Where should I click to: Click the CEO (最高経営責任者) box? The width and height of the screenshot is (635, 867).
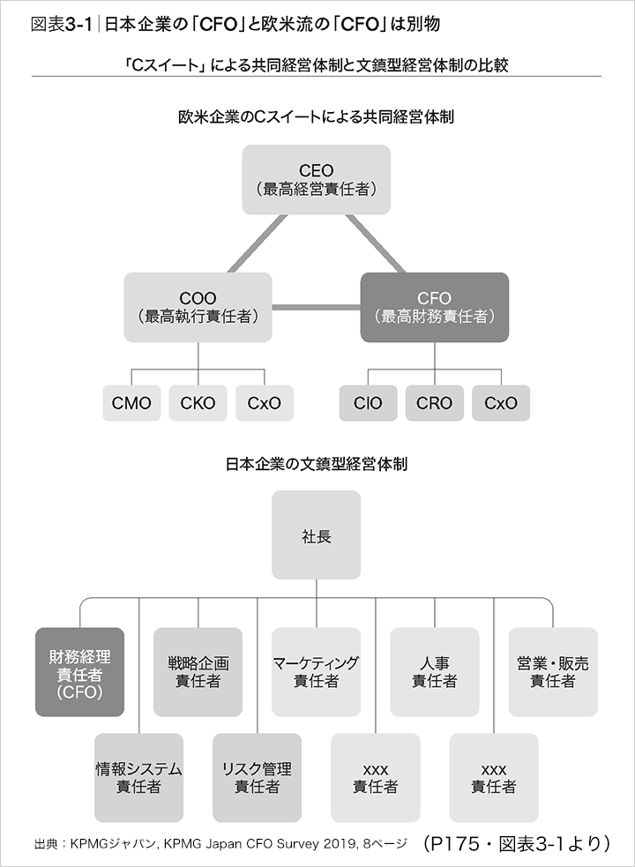pos(317,179)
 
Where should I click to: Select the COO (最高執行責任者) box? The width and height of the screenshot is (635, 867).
pos(198,307)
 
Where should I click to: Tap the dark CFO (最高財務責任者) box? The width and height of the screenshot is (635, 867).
pos(434,307)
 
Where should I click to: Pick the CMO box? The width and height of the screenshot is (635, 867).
pos(131,403)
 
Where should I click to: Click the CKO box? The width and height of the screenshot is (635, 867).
pos(198,403)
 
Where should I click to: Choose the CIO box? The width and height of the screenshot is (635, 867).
pos(368,403)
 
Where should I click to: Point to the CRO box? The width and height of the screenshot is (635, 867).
pos(434,403)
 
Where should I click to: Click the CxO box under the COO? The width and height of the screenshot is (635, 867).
pos(265,403)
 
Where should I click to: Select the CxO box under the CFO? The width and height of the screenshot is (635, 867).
pos(501,403)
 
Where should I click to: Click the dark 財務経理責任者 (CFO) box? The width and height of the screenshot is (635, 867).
pos(79,671)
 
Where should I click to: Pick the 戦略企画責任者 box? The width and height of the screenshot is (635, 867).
pos(198,671)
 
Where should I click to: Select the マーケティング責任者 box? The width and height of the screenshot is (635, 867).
pos(316,671)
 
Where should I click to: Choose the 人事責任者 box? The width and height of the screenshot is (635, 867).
pos(434,671)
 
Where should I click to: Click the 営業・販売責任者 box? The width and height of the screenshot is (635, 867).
pos(553,671)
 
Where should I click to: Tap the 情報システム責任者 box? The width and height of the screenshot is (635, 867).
pos(138,777)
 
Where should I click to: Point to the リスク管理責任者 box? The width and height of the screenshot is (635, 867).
pos(257,777)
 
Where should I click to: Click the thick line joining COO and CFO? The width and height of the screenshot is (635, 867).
pos(316,307)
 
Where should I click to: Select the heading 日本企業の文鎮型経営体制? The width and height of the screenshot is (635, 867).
pos(317,462)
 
